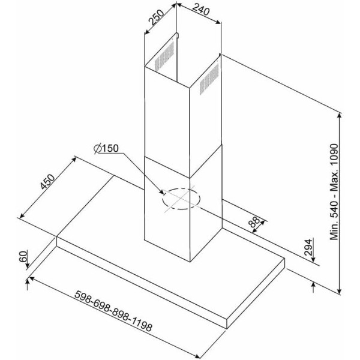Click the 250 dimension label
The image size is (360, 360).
click(157, 17)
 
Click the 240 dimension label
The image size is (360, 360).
click(200, 10)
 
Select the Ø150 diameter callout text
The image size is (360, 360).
click(106, 149)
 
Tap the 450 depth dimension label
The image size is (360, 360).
click(47, 182)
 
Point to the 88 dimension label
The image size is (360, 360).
click(254, 222)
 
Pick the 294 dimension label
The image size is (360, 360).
click(308, 247)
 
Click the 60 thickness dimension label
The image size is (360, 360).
click(23, 256)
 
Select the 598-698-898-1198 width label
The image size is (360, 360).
click(113, 311)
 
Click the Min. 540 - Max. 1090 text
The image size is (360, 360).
click(334, 192)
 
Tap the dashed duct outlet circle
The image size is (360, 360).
click(181, 199)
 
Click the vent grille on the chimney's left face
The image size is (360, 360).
click(164, 56)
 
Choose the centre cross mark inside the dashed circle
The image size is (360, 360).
click(181, 199)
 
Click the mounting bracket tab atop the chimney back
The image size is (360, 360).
click(177, 35)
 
